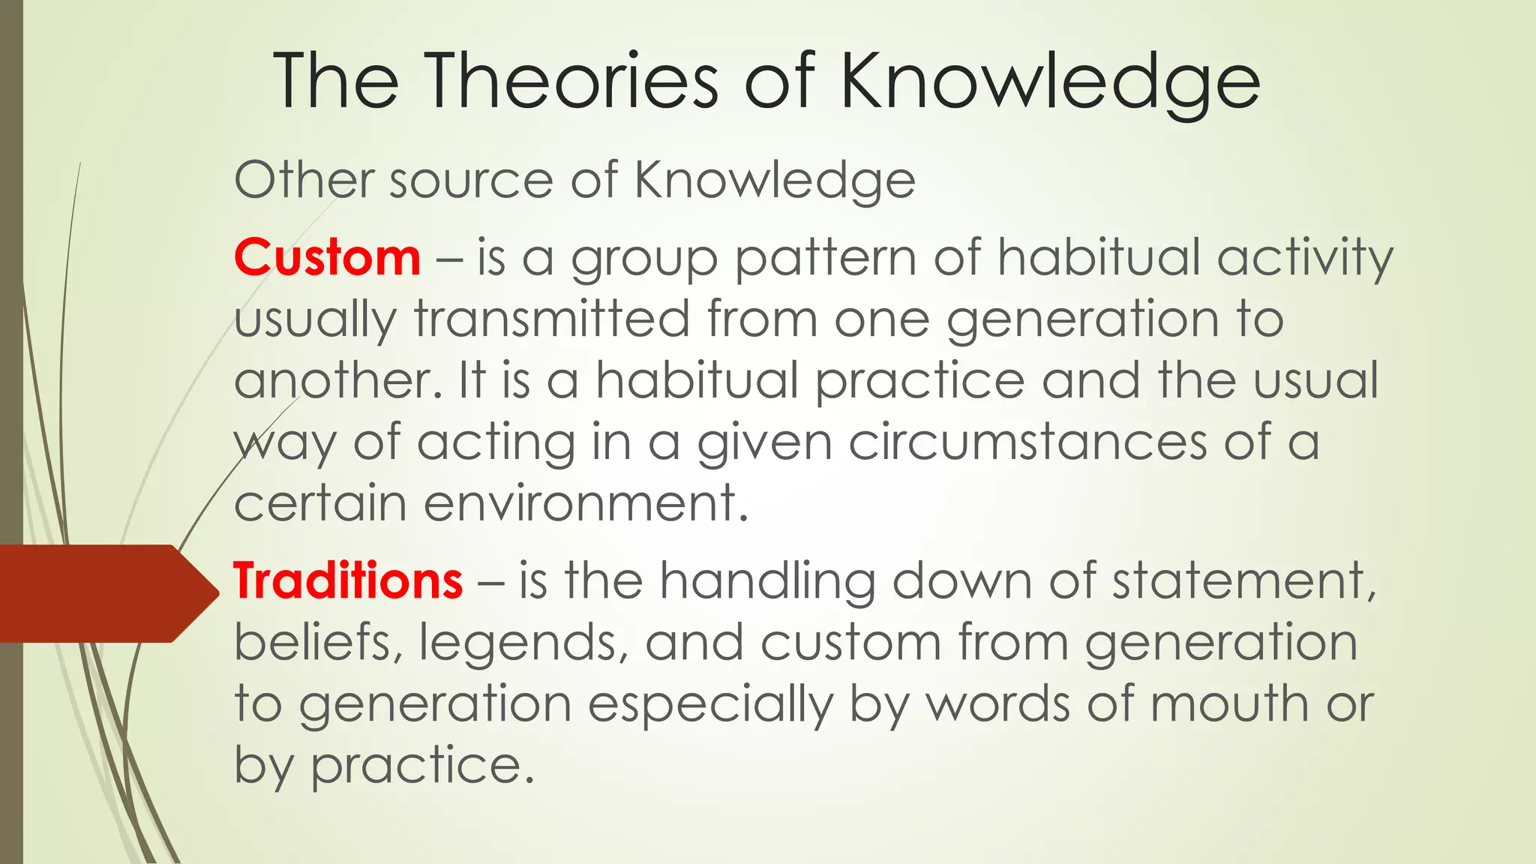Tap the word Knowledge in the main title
1049,82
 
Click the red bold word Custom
327,257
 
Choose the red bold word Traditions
348,580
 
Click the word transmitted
552,319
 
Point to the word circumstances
1028,442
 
